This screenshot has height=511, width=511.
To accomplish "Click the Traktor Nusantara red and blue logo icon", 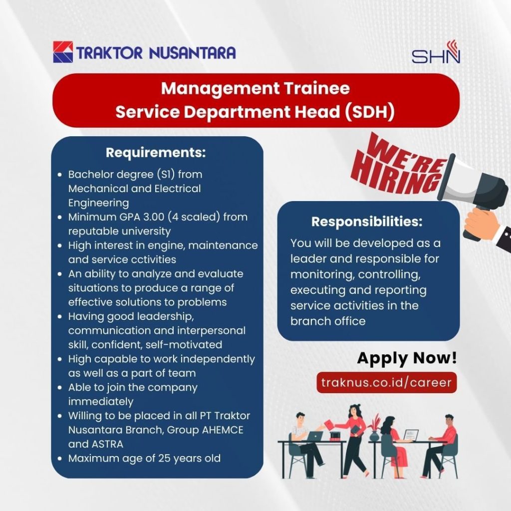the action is click(x=63, y=52).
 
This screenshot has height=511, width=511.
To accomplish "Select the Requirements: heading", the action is click(x=156, y=153).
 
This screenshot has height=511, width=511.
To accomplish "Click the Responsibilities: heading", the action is click(x=367, y=222).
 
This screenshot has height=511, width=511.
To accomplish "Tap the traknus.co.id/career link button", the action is click(x=387, y=382).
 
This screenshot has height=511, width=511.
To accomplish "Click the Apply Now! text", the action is click(x=407, y=358).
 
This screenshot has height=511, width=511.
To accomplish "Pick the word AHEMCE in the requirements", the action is click(x=223, y=430).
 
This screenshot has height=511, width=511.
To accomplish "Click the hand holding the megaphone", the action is click(x=482, y=223).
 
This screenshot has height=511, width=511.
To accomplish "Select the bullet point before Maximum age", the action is click(x=60, y=459).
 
